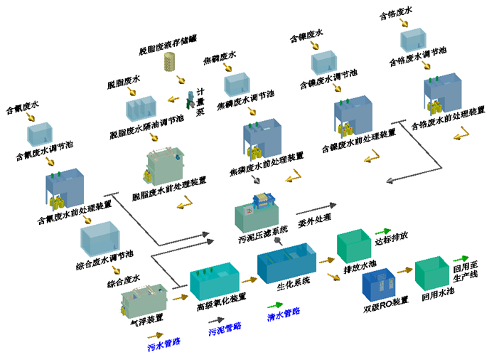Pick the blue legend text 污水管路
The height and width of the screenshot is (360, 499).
(163, 344)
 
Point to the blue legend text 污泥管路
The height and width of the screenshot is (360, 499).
(224, 328)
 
